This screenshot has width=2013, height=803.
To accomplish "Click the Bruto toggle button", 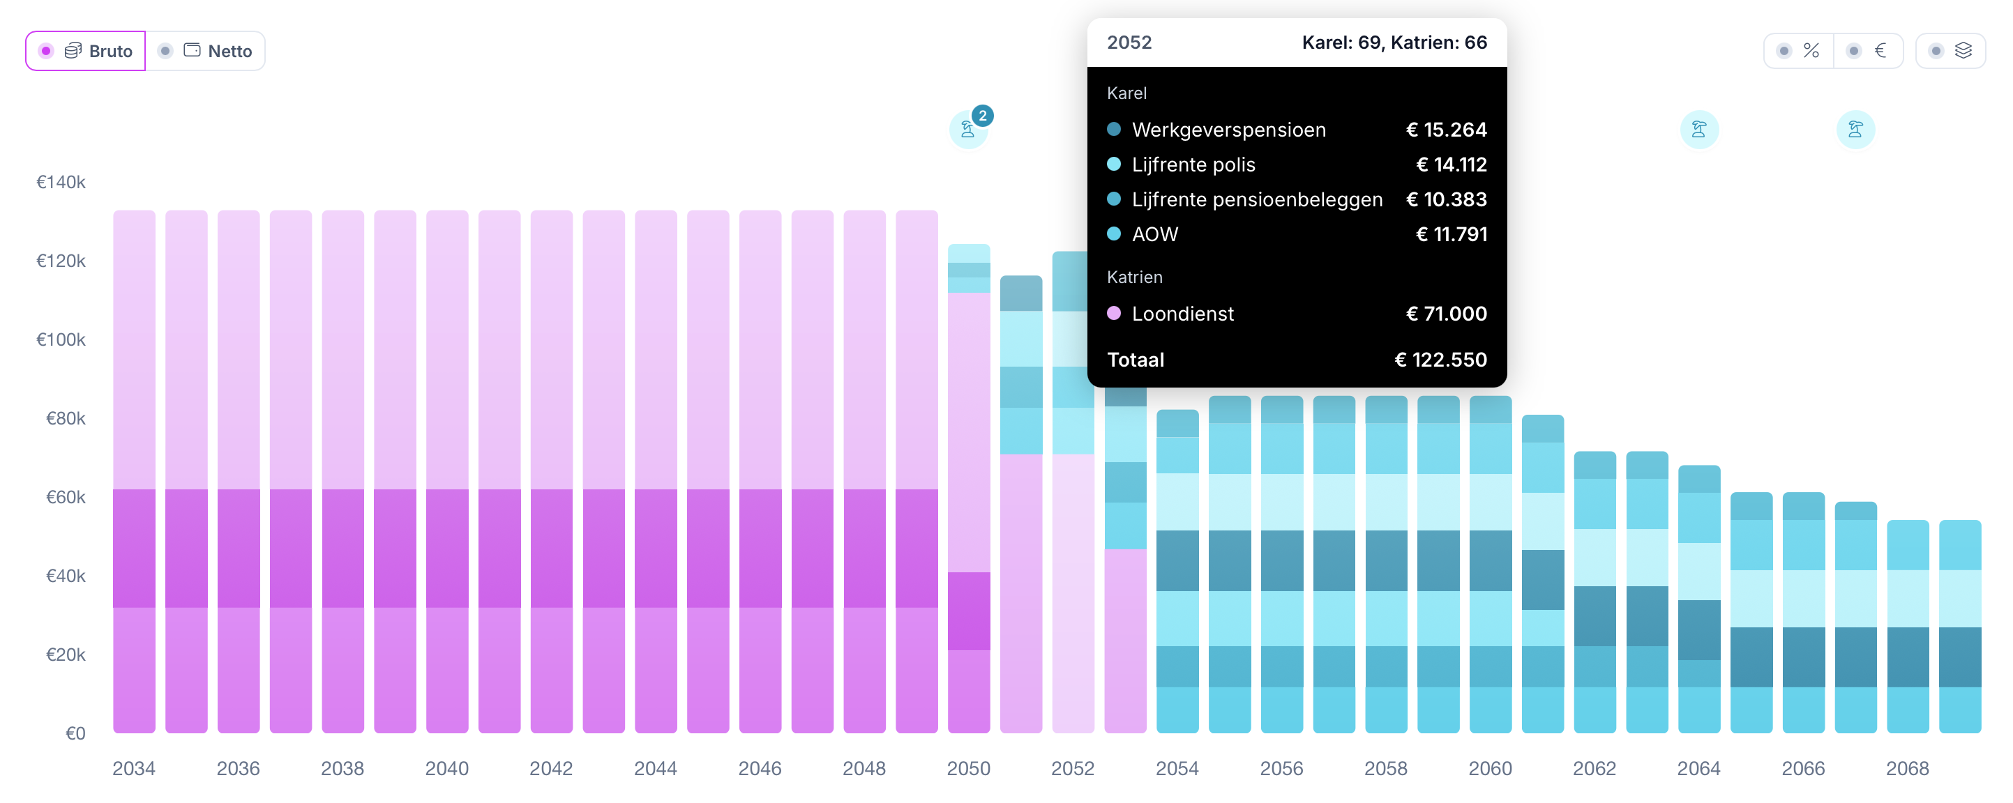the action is pyautogui.click(x=86, y=51).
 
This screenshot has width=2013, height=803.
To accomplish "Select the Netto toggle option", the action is pyautogui.click(x=206, y=51).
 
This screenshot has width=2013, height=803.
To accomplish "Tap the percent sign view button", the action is pyautogui.click(x=1799, y=51).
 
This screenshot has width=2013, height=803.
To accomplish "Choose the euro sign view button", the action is pyautogui.click(x=1869, y=51).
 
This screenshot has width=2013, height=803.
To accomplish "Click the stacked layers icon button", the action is pyautogui.click(x=1950, y=51).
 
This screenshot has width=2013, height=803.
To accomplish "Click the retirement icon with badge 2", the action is pyautogui.click(x=969, y=129).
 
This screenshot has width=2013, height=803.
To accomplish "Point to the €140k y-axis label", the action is pyautogui.click(x=61, y=182).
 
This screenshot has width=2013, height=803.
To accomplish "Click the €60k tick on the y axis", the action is pyautogui.click(x=66, y=497).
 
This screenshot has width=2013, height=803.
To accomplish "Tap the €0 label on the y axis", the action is pyautogui.click(x=75, y=733).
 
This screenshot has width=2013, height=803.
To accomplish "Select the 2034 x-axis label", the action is pyautogui.click(x=134, y=769).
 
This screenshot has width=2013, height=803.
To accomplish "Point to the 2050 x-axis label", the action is pyautogui.click(x=969, y=769).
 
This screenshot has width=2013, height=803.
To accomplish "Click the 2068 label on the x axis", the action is pyautogui.click(x=1908, y=769).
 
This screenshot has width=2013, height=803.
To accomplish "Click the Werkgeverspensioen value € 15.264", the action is pyautogui.click(x=1447, y=130).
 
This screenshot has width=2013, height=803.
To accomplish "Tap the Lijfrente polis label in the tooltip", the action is pyautogui.click(x=1193, y=165).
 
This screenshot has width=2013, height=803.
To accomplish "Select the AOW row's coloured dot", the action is pyautogui.click(x=1115, y=234).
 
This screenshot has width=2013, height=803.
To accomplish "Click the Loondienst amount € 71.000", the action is pyautogui.click(x=1447, y=314).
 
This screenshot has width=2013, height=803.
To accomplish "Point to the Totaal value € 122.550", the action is pyautogui.click(x=1441, y=360).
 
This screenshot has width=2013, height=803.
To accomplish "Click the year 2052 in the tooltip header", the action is pyautogui.click(x=1129, y=43).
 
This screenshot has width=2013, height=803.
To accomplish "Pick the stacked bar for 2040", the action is pyautogui.click(x=447, y=472).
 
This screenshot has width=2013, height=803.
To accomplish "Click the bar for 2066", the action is pyautogui.click(x=1804, y=613).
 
